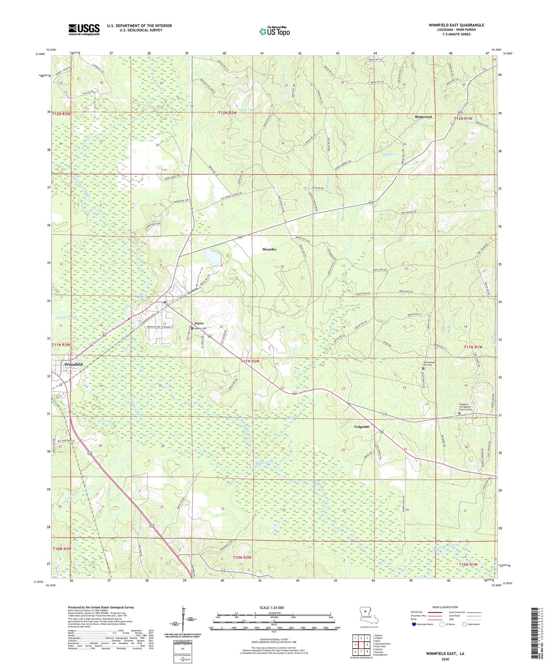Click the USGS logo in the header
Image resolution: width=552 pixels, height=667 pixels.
coord(84,29)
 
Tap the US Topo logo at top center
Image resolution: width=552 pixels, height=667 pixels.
coord(274,31)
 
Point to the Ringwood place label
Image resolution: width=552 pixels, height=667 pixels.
coord(423,117)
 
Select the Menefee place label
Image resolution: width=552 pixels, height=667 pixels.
coord(269,249)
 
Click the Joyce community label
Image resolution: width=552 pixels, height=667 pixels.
coord(199,323)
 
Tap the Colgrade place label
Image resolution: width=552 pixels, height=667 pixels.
coord(361,427)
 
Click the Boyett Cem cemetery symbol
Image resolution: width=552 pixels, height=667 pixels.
coord(192,328)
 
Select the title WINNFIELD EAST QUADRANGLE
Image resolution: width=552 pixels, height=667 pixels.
coord(456,25)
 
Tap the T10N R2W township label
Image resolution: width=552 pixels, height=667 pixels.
coord(242,557)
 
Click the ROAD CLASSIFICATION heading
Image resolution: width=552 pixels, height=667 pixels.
coord(445,607)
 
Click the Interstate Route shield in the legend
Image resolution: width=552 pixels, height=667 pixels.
coord(414,624)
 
